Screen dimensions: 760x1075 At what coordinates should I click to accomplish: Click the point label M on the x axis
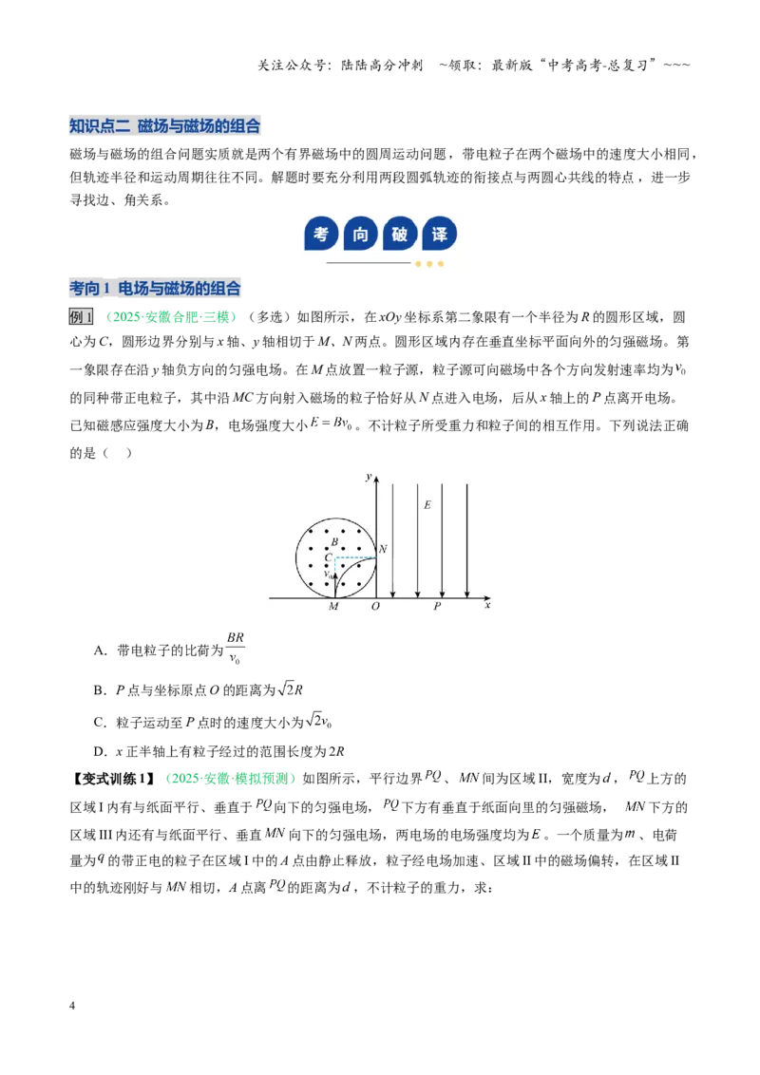point(333,607)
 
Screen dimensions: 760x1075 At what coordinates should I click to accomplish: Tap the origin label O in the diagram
point(375,607)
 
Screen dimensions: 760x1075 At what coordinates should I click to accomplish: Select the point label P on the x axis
point(437,607)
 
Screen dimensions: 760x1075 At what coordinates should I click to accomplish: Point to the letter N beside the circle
point(383,549)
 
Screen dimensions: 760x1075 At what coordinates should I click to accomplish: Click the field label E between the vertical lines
point(427,505)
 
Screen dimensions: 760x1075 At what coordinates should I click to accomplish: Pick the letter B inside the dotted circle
point(334,542)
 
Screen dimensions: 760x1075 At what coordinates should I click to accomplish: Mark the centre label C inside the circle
point(329,557)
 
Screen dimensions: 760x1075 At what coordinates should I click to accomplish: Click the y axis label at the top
point(369,477)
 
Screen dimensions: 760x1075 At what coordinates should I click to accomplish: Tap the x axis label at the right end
point(487,605)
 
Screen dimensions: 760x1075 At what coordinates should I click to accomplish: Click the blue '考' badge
point(320,234)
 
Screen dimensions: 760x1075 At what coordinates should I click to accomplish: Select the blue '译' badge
point(440,234)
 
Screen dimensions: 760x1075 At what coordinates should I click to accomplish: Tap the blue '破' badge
point(400,234)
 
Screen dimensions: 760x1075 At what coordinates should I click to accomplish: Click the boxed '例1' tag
point(81,317)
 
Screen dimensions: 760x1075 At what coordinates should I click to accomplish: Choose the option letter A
point(100,650)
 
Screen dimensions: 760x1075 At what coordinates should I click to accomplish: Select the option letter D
point(100,751)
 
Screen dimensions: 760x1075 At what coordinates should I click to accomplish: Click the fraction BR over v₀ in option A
point(236,648)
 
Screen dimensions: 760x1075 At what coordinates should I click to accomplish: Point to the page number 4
point(72,1006)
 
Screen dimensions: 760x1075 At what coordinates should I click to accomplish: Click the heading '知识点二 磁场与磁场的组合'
point(164,126)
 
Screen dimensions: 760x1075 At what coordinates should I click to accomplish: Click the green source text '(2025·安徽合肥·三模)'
point(171,317)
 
